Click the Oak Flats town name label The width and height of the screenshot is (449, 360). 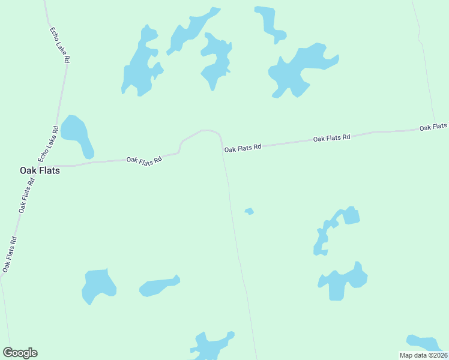[x=40, y=170]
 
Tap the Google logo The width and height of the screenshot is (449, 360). [x=20, y=353]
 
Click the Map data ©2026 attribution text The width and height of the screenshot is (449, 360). [x=424, y=355]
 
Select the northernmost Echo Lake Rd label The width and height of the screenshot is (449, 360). [x=59, y=44]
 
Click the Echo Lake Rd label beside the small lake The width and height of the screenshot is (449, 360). [x=48, y=143]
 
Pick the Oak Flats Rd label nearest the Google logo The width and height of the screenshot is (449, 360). [x=9, y=254]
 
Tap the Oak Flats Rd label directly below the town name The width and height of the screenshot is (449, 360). [x=26, y=195]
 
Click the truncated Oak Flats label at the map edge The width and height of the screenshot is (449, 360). [x=433, y=127]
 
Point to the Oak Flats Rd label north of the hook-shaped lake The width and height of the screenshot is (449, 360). [x=331, y=138]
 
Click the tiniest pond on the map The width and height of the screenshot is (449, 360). [x=249, y=211]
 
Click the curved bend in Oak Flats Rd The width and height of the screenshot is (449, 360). [x=207, y=130]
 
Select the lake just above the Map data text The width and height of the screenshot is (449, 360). [x=423, y=342]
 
